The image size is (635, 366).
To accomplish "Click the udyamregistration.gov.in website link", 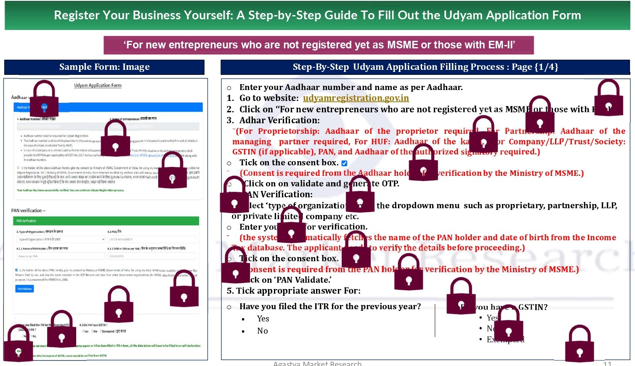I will coord(356,98).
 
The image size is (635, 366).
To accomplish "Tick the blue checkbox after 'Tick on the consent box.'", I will coord(344,163).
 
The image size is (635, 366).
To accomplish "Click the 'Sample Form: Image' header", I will coord(104,67).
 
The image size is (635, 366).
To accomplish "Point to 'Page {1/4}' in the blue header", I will coord(534,67).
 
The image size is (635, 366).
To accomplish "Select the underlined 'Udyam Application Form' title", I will coord(98,85).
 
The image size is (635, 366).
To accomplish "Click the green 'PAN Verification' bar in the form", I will coord(105,221).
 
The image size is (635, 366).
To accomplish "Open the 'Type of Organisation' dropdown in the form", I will coord(61,239).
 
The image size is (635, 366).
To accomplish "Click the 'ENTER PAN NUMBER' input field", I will coord(151,239).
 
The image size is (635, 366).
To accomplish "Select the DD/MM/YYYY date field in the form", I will coord(151,256).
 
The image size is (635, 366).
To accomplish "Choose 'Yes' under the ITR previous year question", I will coord(263,319).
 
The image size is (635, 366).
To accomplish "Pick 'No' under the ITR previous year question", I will coord(262,331).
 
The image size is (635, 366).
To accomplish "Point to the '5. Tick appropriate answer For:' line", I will coord(293,291).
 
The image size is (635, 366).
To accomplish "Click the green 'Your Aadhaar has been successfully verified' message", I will coord(70,190).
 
